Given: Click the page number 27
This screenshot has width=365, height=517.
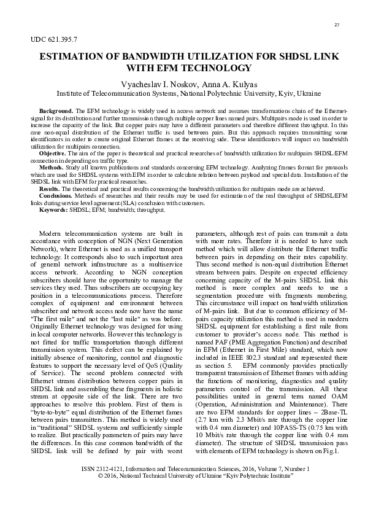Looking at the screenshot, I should (x=336, y=25).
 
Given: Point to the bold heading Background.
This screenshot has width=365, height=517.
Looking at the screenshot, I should (x=53, y=109).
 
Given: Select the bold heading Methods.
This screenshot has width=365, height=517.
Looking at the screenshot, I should (x=51, y=167).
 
